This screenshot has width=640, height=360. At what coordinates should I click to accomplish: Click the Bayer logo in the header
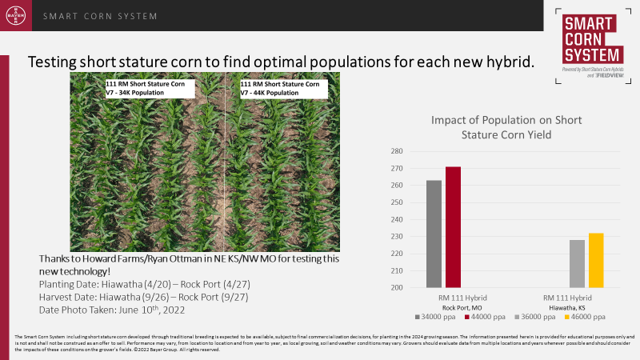pyautogui.click(x=16, y=16)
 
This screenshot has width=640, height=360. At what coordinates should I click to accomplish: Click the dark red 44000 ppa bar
pyautogui.click(x=453, y=227)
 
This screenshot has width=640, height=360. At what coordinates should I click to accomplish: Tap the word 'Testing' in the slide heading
pyautogui.click(x=53, y=62)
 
